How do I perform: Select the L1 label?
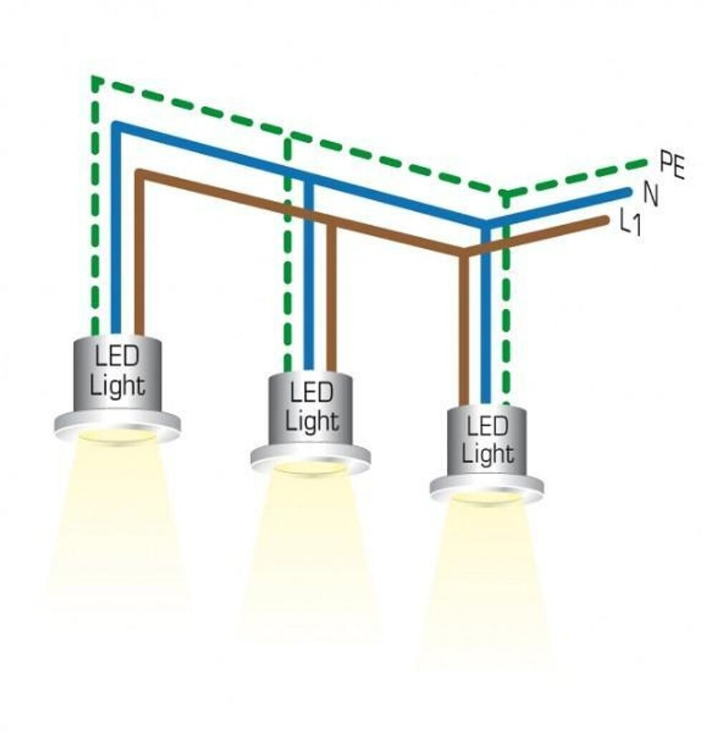pyautogui.click(x=629, y=224)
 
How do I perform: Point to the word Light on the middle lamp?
pyautogui.click(x=312, y=420)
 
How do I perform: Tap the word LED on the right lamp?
pyautogui.click(x=486, y=427)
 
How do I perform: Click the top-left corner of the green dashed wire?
pyautogui.click(x=94, y=79)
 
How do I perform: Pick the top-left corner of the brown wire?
pyautogui.click(x=139, y=174)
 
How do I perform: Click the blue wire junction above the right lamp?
pyautogui.click(x=486, y=224)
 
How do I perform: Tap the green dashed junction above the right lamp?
pyautogui.click(x=506, y=194)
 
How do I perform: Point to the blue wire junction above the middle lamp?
pyautogui.click(x=309, y=179)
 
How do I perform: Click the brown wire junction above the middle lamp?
pyautogui.click(x=331, y=223)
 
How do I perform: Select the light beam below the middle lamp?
pyautogui.click(x=311, y=550)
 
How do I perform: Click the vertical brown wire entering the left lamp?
pyautogui.click(x=139, y=286)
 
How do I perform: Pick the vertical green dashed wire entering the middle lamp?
pyautogui.click(x=287, y=286)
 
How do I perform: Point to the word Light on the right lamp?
pyautogui.click(x=487, y=453)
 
